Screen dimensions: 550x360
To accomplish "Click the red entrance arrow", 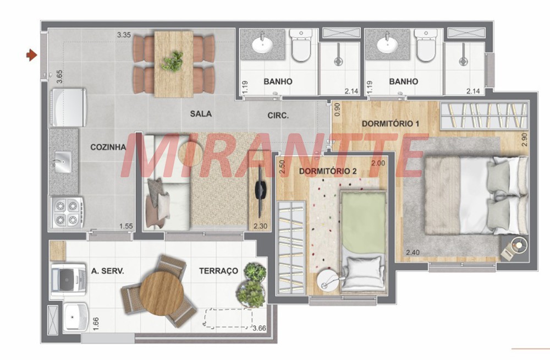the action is coord(31,55).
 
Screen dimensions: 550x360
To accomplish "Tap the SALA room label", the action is coord(201,114).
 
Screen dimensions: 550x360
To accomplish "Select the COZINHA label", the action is coord(108,147).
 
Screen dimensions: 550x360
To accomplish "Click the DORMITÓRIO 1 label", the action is coord(391,124).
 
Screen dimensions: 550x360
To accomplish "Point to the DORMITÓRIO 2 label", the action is coord(328,171).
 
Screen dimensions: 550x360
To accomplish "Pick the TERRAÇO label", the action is coord(218,271).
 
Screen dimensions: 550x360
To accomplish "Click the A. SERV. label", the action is coord(107,271).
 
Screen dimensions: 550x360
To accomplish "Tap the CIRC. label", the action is coord(278,116).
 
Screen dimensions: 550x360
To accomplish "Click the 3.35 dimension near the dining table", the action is coord(124,35).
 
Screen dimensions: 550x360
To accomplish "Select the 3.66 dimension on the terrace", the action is coord(259,329).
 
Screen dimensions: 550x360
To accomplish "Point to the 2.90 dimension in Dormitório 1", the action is coord(524,139).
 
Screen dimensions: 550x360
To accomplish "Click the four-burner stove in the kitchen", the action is coord(67,212).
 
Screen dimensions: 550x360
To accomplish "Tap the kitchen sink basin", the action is coord(63,162).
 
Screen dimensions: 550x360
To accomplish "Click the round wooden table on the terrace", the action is coord(161,293).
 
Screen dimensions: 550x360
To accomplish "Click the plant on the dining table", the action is coord(173,62).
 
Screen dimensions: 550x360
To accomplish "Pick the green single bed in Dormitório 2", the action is coord(364,242).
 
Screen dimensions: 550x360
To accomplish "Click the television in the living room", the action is coord(260,191).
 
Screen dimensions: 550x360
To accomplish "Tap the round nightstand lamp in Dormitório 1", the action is coord(519,244).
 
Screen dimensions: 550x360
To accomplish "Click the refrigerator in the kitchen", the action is coord(68,107).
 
